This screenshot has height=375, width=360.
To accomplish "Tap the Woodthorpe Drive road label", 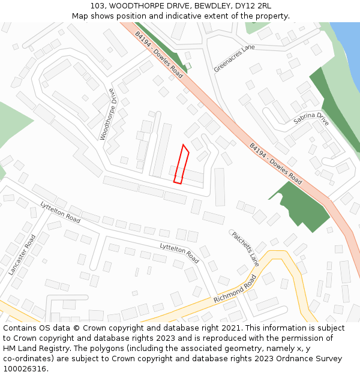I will (107, 115).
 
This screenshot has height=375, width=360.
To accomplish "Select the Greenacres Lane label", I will (234, 58).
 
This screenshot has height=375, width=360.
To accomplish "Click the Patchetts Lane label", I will (245, 249).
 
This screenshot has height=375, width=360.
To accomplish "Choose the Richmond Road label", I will (235, 289).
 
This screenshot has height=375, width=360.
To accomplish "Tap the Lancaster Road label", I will (23, 254).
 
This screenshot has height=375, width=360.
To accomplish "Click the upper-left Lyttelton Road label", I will (60, 212).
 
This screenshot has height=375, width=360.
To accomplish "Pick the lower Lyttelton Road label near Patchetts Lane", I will (179, 253).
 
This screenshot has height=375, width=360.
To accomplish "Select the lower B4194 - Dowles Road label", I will (275, 163).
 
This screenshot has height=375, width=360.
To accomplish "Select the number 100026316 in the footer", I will (25, 369).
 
